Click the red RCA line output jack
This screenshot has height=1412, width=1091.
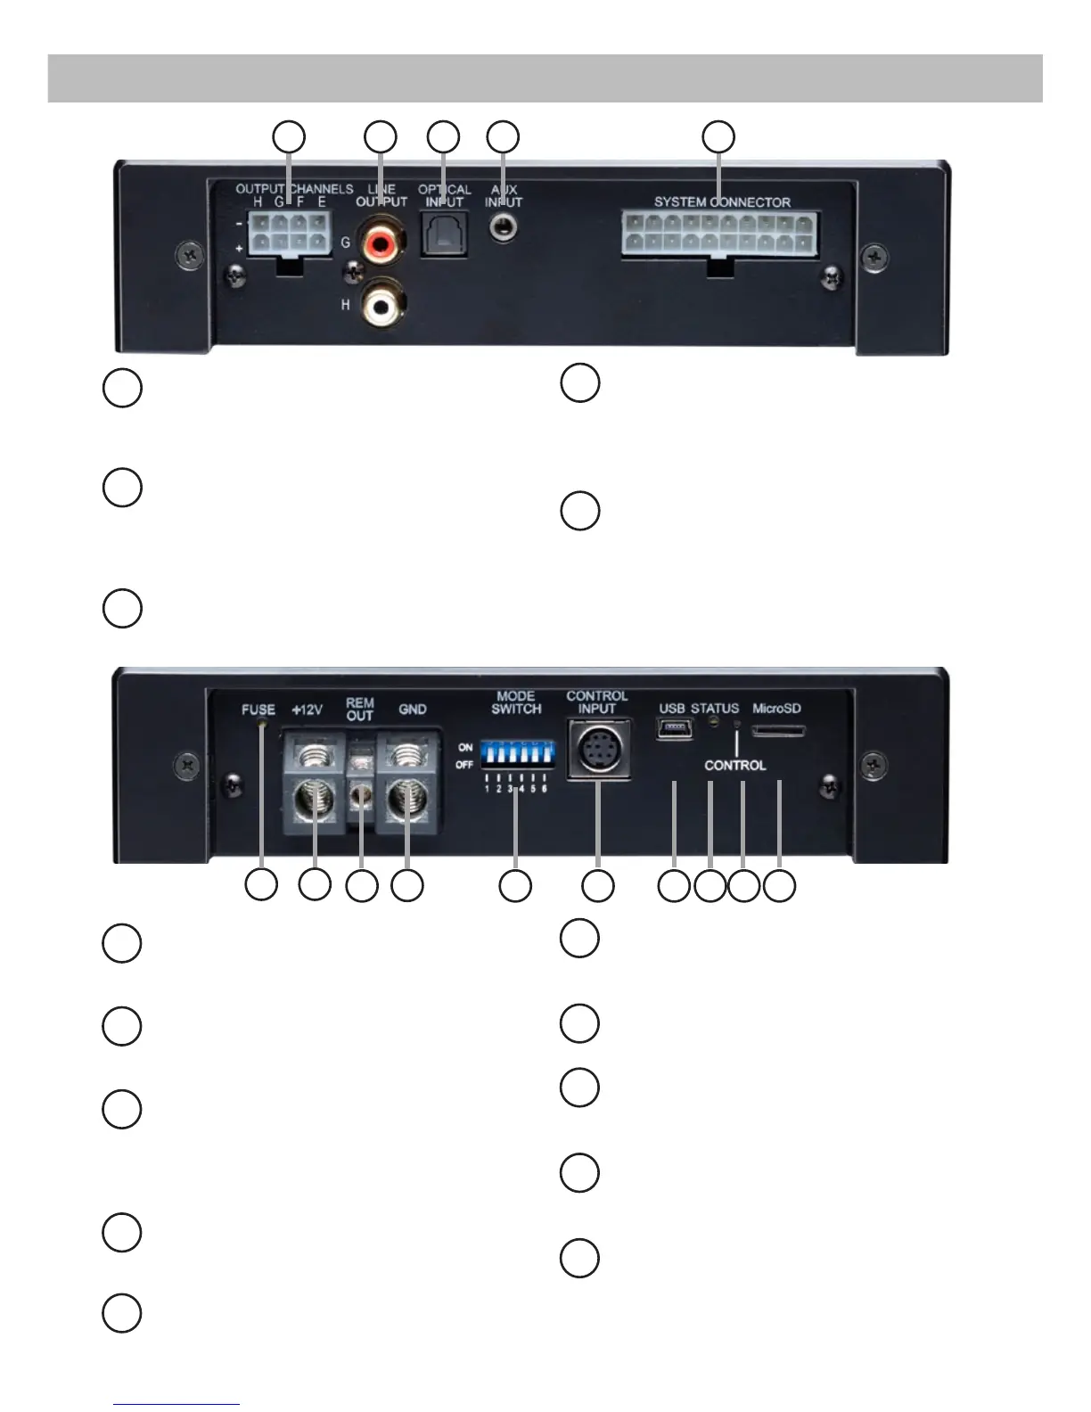pyautogui.click(x=381, y=242)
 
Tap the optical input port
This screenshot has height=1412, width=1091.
pyautogui.click(x=443, y=237)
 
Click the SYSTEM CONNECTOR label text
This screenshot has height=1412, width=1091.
pyautogui.click(x=722, y=202)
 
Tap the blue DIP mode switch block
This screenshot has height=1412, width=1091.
pyautogui.click(x=516, y=755)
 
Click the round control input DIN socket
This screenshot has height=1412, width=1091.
pyautogui.click(x=598, y=750)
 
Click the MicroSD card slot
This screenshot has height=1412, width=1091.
pyautogui.click(x=779, y=731)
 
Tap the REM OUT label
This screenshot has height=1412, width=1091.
pyautogui.click(x=360, y=710)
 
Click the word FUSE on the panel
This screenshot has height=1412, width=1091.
pyautogui.click(x=258, y=710)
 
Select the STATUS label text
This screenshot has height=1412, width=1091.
pyautogui.click(x=715, y=709)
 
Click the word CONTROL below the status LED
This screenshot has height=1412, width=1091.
pyautogui.click(x=734, y=765)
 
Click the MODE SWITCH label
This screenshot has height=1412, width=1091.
pyautogui.click(x=516, y=702)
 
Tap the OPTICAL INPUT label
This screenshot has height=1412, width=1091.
pyautogui.click(x=444, y=196)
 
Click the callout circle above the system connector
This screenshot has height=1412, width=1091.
pyautogui.click(x=719, y=137)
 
